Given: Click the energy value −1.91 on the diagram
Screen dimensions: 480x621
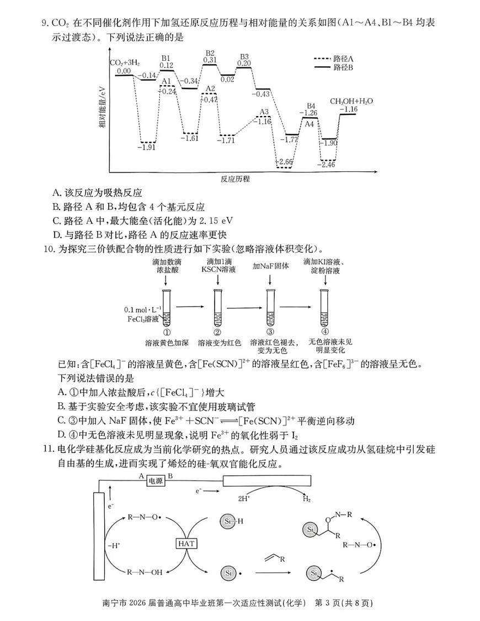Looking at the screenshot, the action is pyautogui.click(x=147, y=147).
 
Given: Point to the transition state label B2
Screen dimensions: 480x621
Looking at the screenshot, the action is pyautogui.click(x=210, y=53).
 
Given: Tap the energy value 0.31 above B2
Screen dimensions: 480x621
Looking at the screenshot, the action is pyautogui.click(x=210, y=60).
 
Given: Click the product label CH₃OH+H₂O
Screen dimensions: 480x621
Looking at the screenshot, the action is pyautogui.click(x=351, y=101).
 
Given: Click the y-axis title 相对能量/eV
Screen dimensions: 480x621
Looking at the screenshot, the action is pyautogui.click(x=102, y=107).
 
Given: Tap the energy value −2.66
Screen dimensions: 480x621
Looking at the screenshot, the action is pyautogui.click(x=284, y=161).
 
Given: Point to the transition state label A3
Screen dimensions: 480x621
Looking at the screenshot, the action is pyautogui.click(x=264, y=112).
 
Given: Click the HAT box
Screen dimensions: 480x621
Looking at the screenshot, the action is pyautogui.click(x=186, y=543).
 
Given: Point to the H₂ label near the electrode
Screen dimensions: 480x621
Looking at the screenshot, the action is pyautogui.click(x=306, y=498).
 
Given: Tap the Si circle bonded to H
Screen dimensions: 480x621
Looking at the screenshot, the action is pyautogui.click(x=228, y=520).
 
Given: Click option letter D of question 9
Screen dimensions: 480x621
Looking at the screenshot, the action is pyautogui.click(x=56, y=234).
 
